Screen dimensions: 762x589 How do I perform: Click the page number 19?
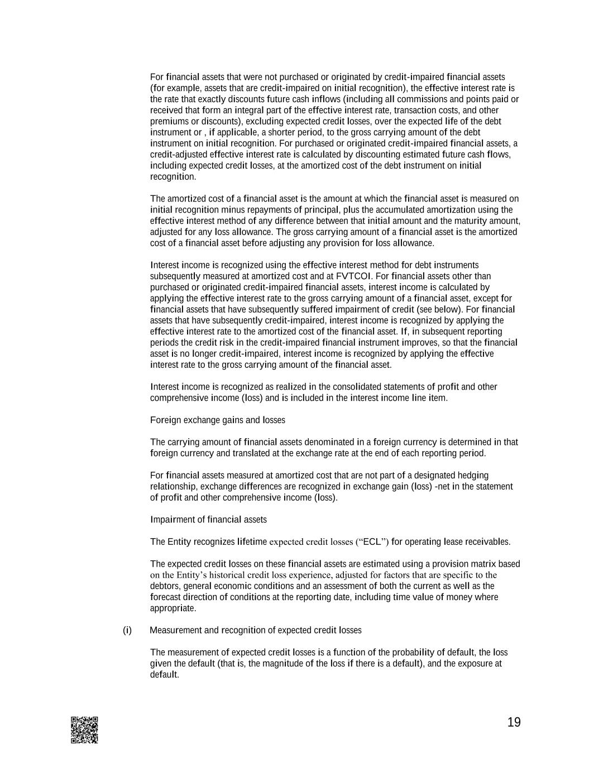(x=514, y=722)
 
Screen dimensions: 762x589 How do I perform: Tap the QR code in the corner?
(x=84, y=730)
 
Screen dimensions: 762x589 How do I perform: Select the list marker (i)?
(x=127, y=630)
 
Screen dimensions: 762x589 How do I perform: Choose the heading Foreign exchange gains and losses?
(x=217, y=420)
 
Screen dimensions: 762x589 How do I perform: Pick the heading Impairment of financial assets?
(x=208, y=519)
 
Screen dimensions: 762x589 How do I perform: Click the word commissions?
(x=427, y=99)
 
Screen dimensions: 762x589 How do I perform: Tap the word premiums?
(x=168, y=121)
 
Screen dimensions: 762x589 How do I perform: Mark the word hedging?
(x=473, y=475)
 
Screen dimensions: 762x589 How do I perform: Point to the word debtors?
(x=164, y=586)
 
